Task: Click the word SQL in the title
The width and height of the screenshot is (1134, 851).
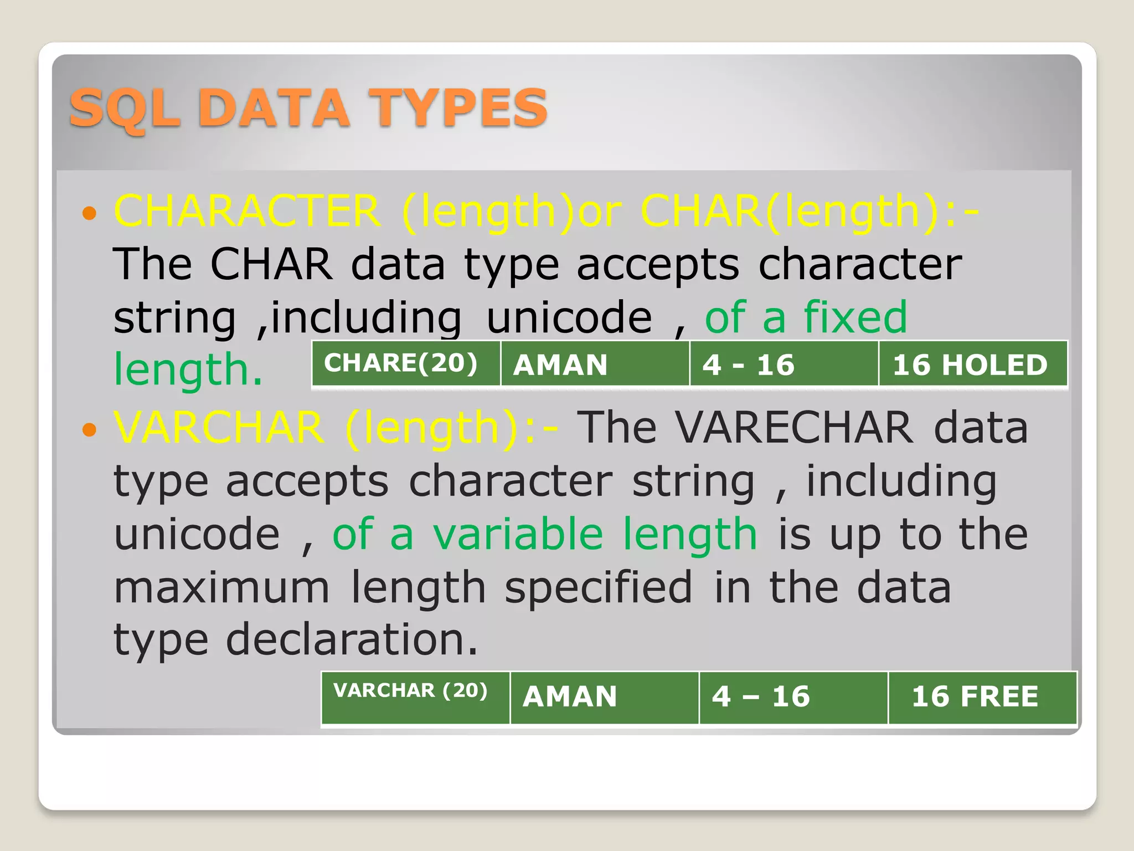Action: (x=126, y=109)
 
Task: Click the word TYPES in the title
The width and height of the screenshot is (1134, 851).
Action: (x=458, y=109)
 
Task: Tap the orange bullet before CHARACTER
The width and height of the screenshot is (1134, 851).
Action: (x=89, y=212)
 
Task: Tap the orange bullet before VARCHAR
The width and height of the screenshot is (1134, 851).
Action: (x=89, y=429)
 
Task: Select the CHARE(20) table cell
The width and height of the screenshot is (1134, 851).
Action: (x=406, y=363)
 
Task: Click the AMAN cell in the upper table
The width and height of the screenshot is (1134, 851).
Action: (x=595, y=363)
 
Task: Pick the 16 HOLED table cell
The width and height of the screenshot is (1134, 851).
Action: (x=972, y=363)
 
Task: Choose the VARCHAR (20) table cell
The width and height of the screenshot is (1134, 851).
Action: (x=415, y=697)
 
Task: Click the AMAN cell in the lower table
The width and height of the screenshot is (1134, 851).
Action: (x=604, y=697)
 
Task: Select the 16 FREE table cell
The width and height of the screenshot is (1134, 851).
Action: (x=982, y=697)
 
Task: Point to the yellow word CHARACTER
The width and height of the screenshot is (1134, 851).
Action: (x=247, y=211)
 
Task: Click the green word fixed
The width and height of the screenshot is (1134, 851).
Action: (x=855, y=317)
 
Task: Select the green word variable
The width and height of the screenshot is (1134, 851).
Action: (x=518, y=534)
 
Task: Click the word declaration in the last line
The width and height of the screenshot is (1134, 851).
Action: (x=352, y=640)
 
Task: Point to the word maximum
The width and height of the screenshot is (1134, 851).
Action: (x=221, y=587)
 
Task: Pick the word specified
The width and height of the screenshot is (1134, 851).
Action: (x=598, y=588)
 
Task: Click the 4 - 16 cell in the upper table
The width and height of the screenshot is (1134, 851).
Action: (x=784, y=363)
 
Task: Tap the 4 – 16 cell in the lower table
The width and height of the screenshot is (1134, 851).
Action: (x=793, y=697)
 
